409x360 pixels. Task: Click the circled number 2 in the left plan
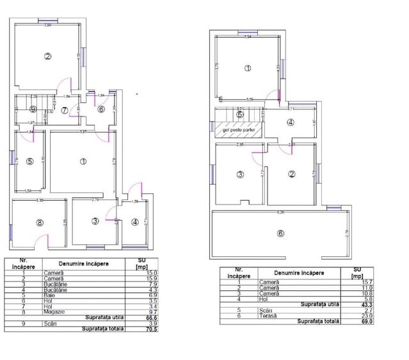click(47, 56)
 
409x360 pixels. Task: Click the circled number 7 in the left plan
click(65, 109)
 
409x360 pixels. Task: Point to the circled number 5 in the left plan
click(29, 162)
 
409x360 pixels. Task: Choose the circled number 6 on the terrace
click(280, 233)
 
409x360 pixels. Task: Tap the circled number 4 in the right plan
click(291, 123)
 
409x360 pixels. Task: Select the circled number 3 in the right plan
click(241, 174)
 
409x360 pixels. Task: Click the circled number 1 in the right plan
click(248, 68)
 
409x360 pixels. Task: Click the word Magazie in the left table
click(54, 312)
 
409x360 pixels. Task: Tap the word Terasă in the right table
click(269, 316)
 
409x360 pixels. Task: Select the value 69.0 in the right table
click(348, 321)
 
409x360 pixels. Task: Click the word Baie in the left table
click(49, 296)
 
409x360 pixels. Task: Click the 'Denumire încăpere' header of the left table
click(83, 263)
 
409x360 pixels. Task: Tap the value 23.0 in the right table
click(348, 316)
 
